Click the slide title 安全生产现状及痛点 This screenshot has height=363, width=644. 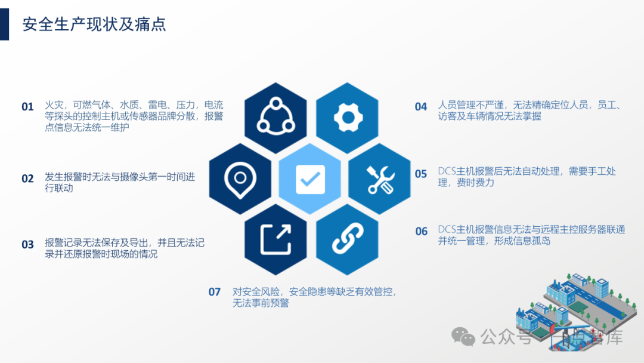[x=94, y=24]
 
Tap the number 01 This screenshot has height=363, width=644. [x=28, y=107]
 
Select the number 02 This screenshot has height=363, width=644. [x=28, y=178]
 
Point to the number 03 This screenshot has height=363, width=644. [x=28, y=244]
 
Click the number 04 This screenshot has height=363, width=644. [x=422, y=107]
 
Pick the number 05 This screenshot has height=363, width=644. [x=422, y=174]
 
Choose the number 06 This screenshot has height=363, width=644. [x=422, y=232]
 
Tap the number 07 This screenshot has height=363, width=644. [x=215, y=292]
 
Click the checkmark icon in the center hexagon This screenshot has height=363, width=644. [x=310, y=179]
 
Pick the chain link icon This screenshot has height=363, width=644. [x=348, y=239]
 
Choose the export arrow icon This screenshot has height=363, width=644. [x=275, y=239]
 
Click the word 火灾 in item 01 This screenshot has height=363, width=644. [x=54, y=106]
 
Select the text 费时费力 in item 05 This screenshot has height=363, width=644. [x=475, y=183]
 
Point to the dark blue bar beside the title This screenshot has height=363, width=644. [x=4, y=24]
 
